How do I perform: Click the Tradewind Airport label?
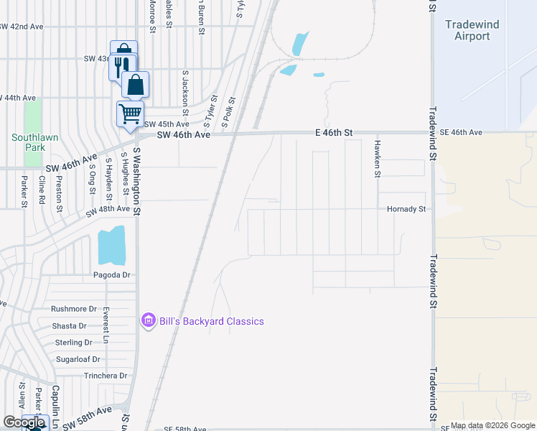click(472, 30)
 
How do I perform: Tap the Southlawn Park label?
click(28, 142)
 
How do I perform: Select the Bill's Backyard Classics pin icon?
click(149, 321)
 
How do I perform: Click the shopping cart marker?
click(130, 113)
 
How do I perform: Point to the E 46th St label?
click(335, 133)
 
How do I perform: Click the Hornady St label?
click(407, 209)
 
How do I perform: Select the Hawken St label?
click(376, 158)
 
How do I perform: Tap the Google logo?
click(24, 422)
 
